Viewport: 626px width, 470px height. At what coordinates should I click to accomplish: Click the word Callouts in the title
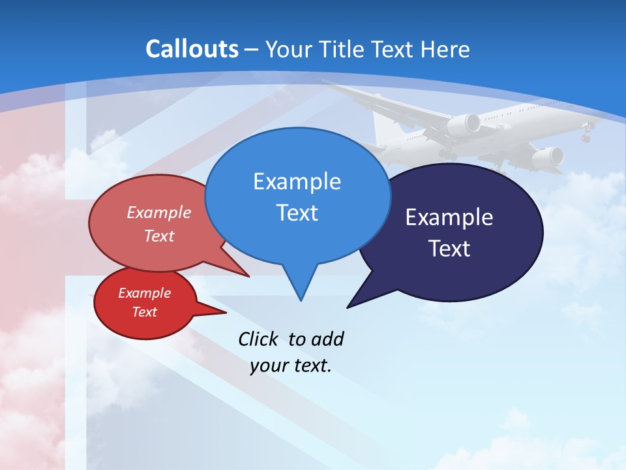(x=192, y=49)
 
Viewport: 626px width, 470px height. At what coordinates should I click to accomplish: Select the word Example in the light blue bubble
(x=297, y=181)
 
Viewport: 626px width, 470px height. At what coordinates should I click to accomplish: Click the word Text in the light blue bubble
(x=297, y=213)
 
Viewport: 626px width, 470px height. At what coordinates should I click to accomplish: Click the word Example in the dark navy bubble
(x=449, y=217)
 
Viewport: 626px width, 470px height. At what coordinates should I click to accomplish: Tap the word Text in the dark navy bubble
(x=449, y=249)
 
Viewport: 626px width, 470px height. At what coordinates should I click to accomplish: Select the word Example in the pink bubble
(x=159, y=212)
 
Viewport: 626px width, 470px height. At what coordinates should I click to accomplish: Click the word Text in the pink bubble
(x=159, y=236)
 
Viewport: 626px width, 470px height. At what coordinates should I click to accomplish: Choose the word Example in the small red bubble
(x=144, y=293)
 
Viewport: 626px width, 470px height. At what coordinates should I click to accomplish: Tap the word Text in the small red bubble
(x=144, y=312)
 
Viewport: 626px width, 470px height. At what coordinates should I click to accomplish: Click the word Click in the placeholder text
(x=260, y=339)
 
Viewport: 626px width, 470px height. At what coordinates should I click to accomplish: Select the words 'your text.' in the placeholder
(x=291, y=366)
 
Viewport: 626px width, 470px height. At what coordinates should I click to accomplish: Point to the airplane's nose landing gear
(x=586, y=135)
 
